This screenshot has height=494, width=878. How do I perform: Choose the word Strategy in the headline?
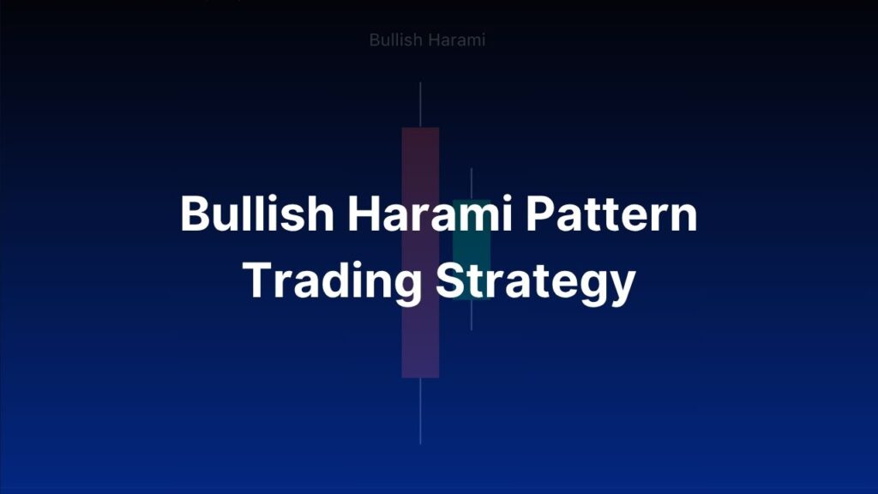535,280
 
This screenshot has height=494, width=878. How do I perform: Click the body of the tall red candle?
420,343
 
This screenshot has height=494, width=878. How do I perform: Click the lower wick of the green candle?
472,315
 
